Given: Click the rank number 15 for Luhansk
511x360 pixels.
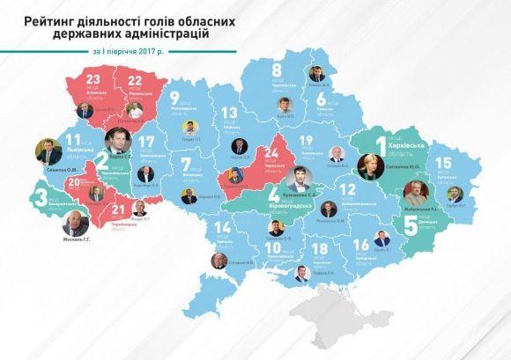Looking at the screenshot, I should point(444,162).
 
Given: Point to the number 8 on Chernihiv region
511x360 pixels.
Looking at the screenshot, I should point(276,70).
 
